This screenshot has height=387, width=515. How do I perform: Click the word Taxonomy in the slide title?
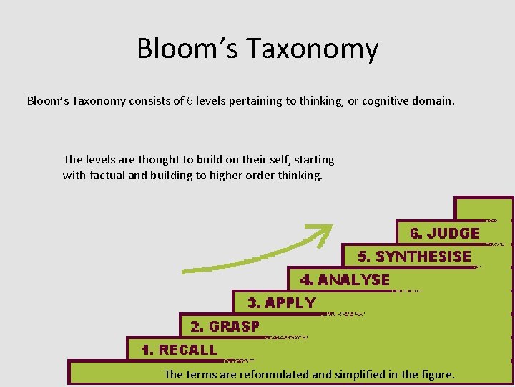click(x=312, y=49)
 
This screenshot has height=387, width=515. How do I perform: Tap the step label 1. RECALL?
click(x=179, y=350)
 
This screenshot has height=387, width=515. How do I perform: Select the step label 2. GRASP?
click(x=225, y=327)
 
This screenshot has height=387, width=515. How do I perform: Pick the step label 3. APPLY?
click(x=281, y=303)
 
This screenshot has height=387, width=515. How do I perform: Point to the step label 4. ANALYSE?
click(x=345, y=280)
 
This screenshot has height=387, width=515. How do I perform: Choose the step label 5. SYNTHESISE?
click(x=414, y=257)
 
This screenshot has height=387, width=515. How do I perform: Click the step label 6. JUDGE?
click(x=444, y=234)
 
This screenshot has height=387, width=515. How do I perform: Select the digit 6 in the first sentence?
click(x=190, y=101)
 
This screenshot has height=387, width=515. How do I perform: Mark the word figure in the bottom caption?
click(x=437, y=374)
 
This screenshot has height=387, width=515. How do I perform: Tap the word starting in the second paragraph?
click(x=313, y=159)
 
